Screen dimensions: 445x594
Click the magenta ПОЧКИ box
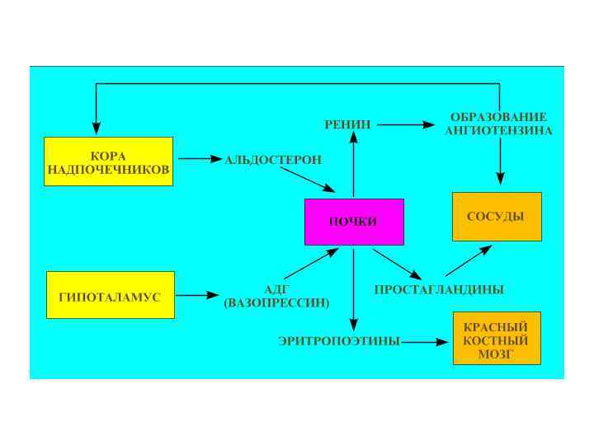pos(354,222)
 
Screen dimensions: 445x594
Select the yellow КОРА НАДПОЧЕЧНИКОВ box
pos(108,162)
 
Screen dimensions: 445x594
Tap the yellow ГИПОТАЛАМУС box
pos(111,295)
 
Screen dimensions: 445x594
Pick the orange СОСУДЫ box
pos(497,217)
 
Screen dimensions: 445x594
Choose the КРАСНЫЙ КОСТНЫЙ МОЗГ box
pos(497,338)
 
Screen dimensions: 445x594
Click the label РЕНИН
pos(347,124)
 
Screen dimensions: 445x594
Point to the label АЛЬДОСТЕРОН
pos(273,159)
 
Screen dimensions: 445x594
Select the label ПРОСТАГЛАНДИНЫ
pos(439,290)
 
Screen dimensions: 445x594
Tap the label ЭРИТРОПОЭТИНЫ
pos(339,340)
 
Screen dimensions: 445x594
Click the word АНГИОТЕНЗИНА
pos(499,130)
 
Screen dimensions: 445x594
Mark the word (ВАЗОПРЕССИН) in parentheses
pos(276,303)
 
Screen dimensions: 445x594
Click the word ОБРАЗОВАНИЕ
pos(499,117)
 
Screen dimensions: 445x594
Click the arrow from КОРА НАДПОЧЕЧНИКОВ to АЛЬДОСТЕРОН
pos(196,157)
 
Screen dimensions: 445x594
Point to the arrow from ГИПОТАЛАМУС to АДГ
pos(197,294)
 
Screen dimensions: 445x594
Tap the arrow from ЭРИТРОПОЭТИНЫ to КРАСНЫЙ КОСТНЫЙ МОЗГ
pos(426,341)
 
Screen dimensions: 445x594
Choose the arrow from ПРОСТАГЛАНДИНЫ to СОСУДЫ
pos(469,260)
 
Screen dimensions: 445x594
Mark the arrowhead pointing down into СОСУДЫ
pos(500,178)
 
